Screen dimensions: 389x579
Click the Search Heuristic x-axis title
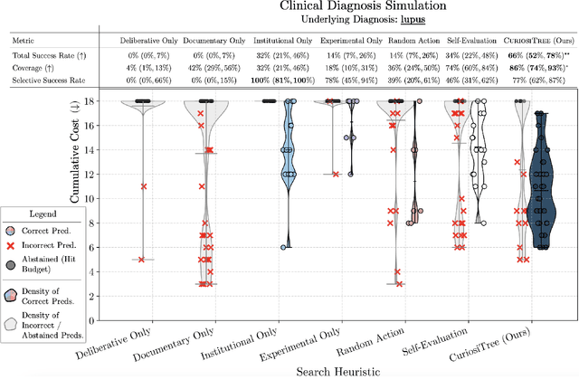337,371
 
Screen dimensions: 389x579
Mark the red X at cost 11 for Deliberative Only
143,186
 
